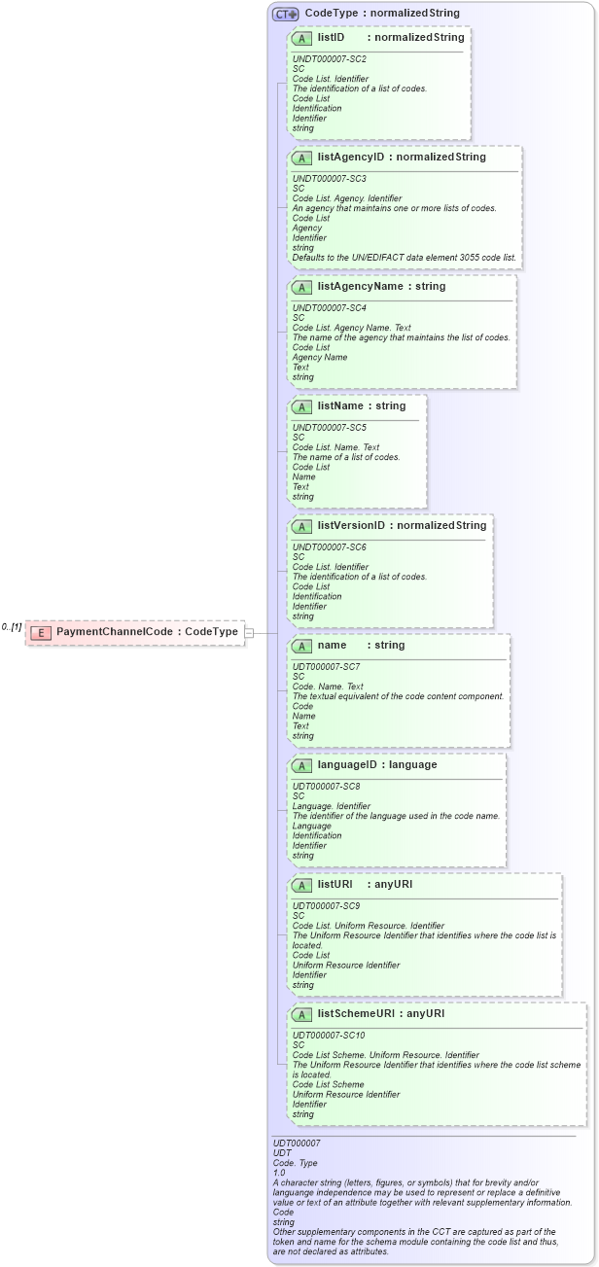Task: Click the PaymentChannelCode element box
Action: coord(135,632)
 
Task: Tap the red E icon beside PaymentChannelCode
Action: coord(41,633)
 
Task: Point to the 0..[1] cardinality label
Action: coord(12,627)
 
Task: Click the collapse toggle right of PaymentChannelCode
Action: coord(249,633)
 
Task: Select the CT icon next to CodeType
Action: coord(285,14)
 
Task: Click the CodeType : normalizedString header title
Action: coord(381,14)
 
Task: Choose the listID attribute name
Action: coord(331,38)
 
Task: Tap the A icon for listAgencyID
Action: coord(301,158)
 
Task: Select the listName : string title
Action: coord(361,406)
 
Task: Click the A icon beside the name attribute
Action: coord(301,647)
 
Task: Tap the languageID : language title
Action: coord(376,765)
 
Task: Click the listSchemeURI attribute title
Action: coord(380,1014)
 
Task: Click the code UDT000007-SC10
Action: coord(329,1036)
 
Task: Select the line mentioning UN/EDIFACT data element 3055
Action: coord(405,258)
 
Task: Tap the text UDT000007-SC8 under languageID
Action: coord(327,786)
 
